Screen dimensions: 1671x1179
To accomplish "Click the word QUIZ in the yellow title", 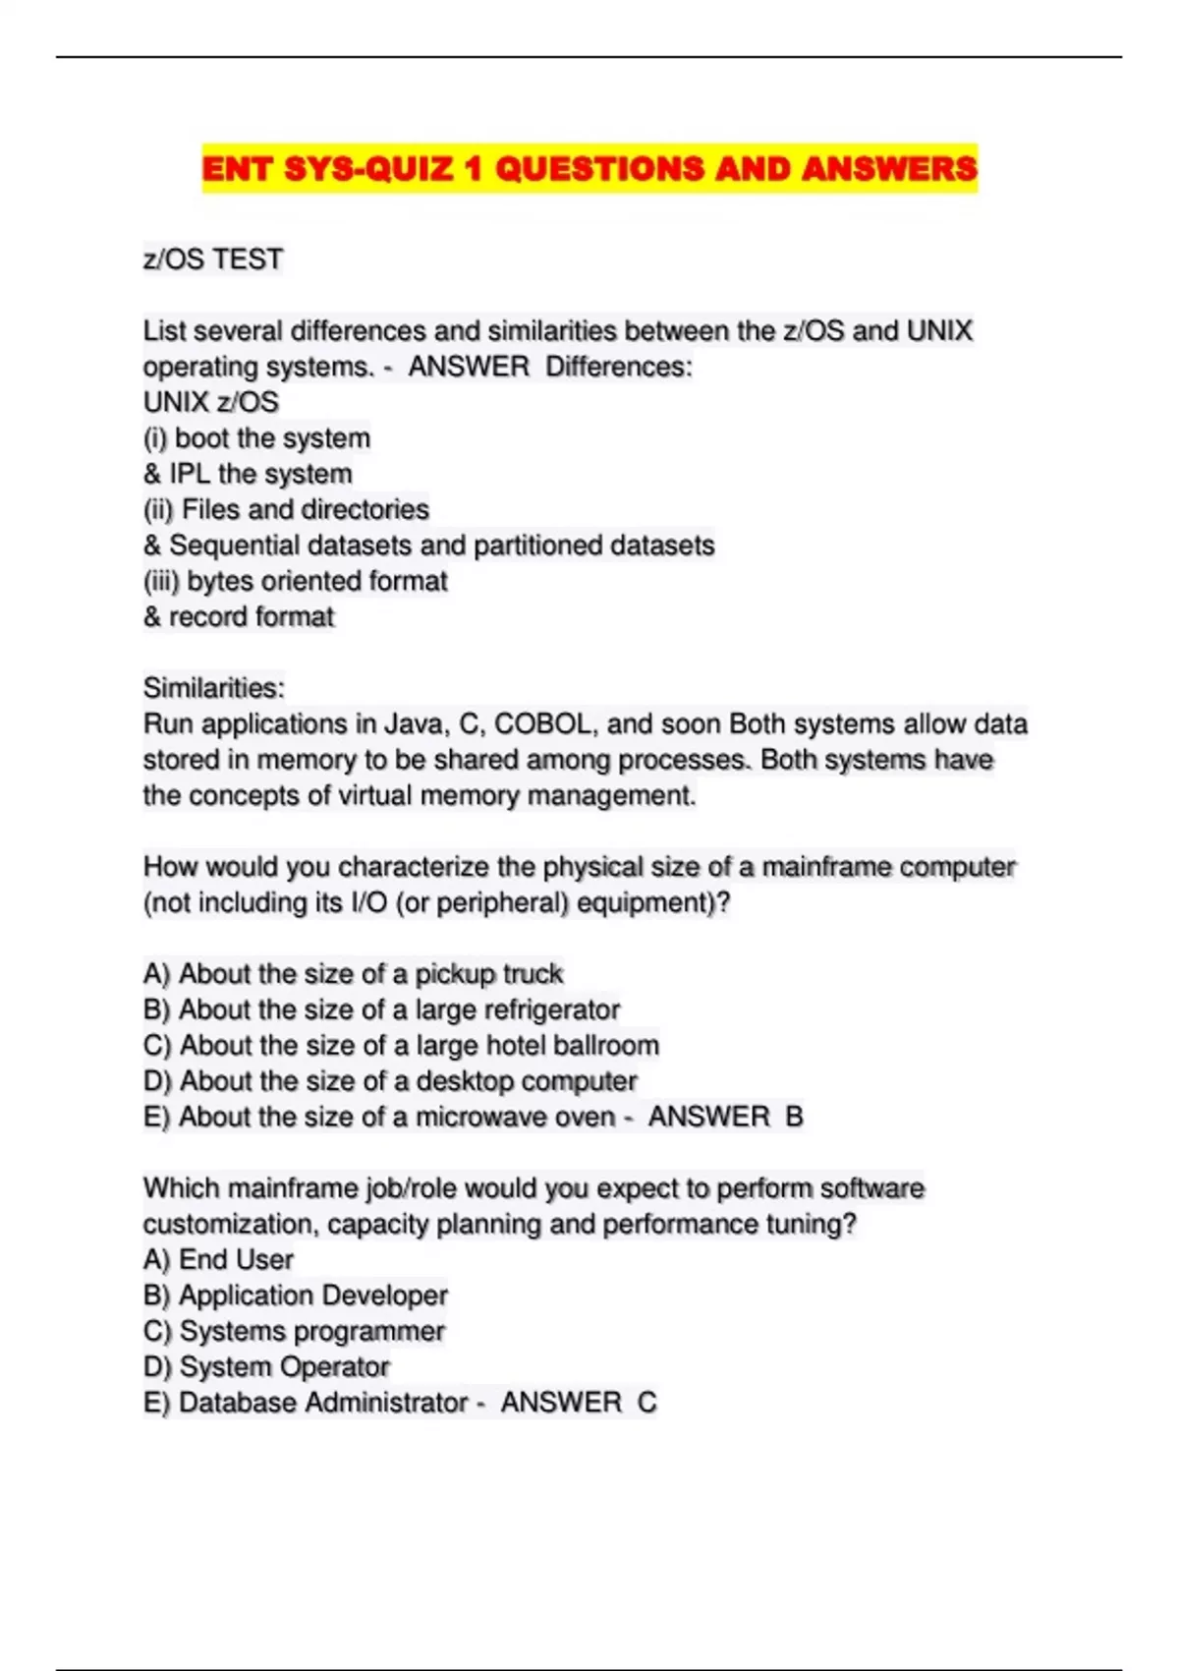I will coord(409,168).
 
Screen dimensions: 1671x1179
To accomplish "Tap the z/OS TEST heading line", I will coord(213,259).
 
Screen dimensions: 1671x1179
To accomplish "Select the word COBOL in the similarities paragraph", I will coord(544,724).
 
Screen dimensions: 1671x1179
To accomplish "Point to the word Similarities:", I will coord(214,688).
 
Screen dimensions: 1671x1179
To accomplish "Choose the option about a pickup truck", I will coord(353,974).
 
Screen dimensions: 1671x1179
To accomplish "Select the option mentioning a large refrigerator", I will coord(381,1009).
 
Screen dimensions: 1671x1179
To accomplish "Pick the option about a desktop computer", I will coord(390,1081).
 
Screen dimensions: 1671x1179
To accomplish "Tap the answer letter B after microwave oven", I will coord(794,1117).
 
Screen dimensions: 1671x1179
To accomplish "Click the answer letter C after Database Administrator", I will coord(646,1403).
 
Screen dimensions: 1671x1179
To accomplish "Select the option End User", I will coord(218,1260).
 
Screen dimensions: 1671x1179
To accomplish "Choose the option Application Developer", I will coord(295,1296).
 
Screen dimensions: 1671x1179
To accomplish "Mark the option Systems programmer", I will coord(294,1331).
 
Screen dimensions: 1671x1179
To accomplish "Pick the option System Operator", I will coord(266,1367).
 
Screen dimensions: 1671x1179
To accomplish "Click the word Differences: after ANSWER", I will coord(619,367).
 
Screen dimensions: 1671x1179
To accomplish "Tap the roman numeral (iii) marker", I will coord(161,582).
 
